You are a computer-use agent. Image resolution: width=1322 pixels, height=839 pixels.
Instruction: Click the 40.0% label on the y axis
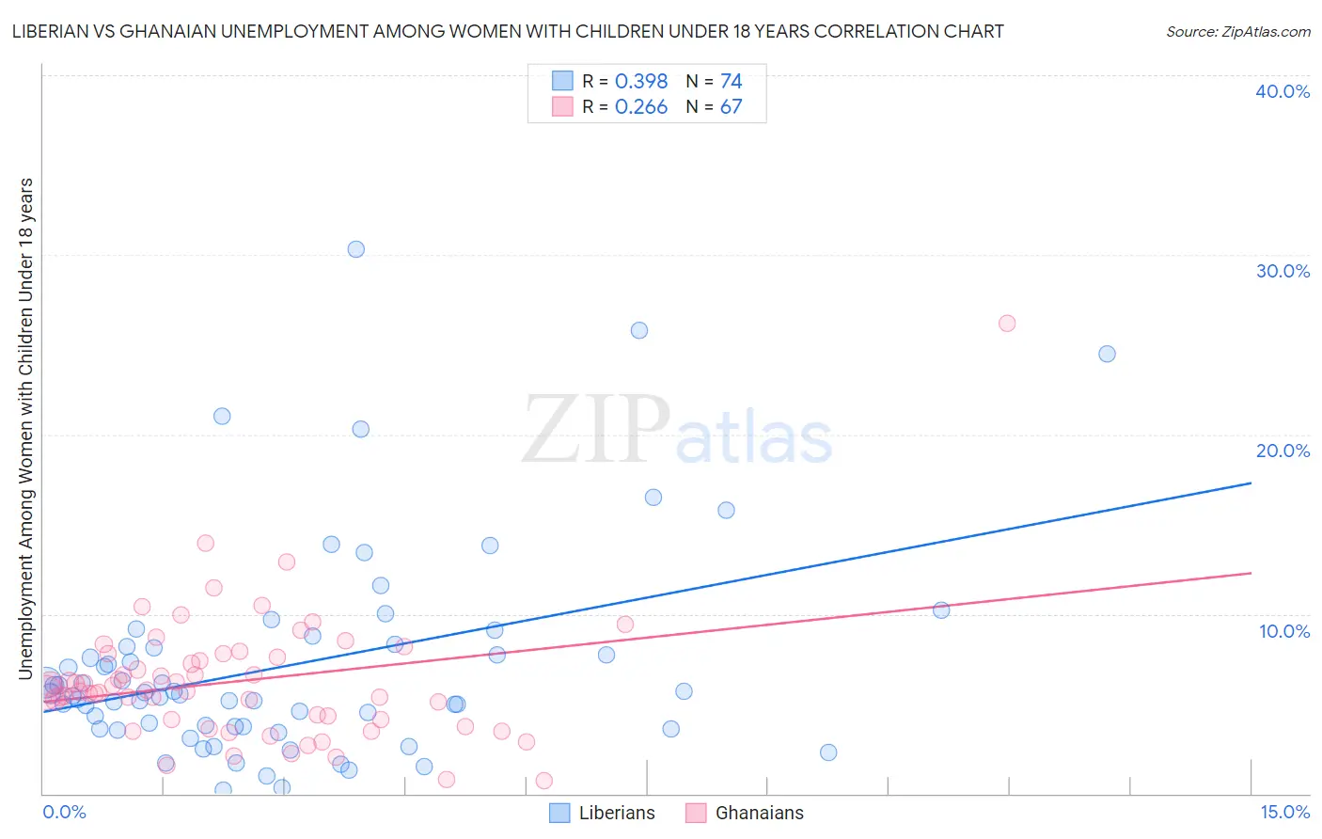[x=1283, y=91]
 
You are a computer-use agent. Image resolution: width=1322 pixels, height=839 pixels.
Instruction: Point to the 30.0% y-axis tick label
[x=1283, y=271]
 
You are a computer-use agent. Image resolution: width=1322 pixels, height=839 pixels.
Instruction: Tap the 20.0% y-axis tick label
[x=1283, y=451]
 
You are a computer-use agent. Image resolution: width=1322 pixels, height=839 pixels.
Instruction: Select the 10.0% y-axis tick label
[x=1284, y=631]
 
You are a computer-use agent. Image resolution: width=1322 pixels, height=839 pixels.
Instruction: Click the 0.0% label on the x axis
[x=64, y=813]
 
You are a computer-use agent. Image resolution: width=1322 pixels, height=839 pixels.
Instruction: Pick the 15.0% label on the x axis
[x=1284, y=813]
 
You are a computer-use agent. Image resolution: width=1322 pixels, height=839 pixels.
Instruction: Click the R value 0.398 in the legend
[x=641, y=82]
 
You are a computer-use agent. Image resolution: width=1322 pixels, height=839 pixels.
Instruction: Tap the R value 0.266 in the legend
[x=641, y=107]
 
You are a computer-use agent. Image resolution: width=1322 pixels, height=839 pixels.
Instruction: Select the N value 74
[x=732, y=82]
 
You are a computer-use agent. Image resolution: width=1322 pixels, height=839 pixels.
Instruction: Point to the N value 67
[x=732, y=107]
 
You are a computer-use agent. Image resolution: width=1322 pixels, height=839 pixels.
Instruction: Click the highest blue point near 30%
[x=356, y=249]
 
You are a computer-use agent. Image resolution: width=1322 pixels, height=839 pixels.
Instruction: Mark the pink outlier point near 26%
[x=1007, y=324]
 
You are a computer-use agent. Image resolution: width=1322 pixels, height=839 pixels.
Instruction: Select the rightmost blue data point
[x=1108, y=354]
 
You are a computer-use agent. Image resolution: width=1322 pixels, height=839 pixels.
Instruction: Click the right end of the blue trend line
[x=1251, y=483]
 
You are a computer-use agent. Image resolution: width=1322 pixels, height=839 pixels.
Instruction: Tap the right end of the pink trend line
[x=1251, y=573]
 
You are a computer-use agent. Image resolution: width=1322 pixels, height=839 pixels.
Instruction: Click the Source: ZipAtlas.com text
[x=1237, y=32]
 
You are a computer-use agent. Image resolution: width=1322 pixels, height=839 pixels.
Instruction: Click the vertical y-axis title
[x=25, y=428]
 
